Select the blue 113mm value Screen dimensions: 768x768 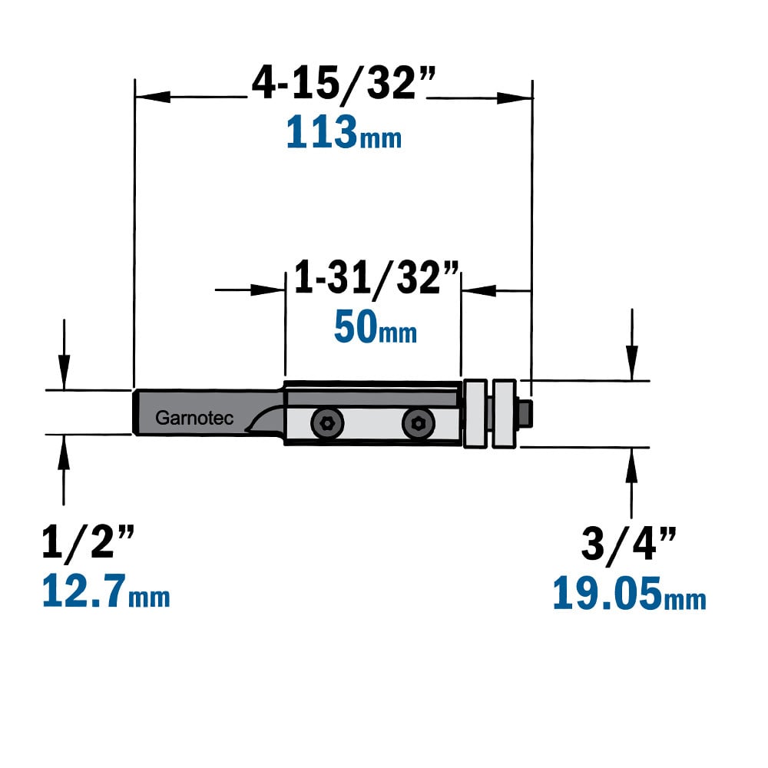click(x=344, y=132)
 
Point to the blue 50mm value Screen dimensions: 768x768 click(x=376, y=327)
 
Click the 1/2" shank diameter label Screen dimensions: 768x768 click(x=88, y=541)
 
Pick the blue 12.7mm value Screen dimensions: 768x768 click(x=106, y=591)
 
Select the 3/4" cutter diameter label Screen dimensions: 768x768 click(x=629, y=543)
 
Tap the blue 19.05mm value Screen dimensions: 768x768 click(x=630, y=593)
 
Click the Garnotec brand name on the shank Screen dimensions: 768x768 click(x=194, y=419)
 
